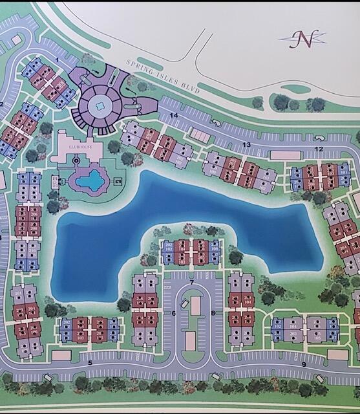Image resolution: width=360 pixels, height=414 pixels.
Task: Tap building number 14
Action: pos(174,115)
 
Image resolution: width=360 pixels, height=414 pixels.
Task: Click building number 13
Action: pos(246,144)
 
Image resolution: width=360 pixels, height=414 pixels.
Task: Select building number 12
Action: pos(319,149)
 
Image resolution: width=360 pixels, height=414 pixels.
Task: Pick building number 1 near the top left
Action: pos(57,60)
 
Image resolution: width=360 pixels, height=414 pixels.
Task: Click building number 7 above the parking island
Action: pos(192,283)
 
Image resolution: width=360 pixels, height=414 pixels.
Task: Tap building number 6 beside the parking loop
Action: pos(174,314)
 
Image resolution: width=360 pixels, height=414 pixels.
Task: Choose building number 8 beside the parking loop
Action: pos(213,314)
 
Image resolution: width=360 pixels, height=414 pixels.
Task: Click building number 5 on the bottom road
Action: pos(90,362)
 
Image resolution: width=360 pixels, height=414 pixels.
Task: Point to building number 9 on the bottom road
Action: pos(303,364)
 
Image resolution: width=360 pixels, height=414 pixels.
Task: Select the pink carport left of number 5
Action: pos(62,355)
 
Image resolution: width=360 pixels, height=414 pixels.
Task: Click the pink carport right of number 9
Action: pos(337,354)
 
